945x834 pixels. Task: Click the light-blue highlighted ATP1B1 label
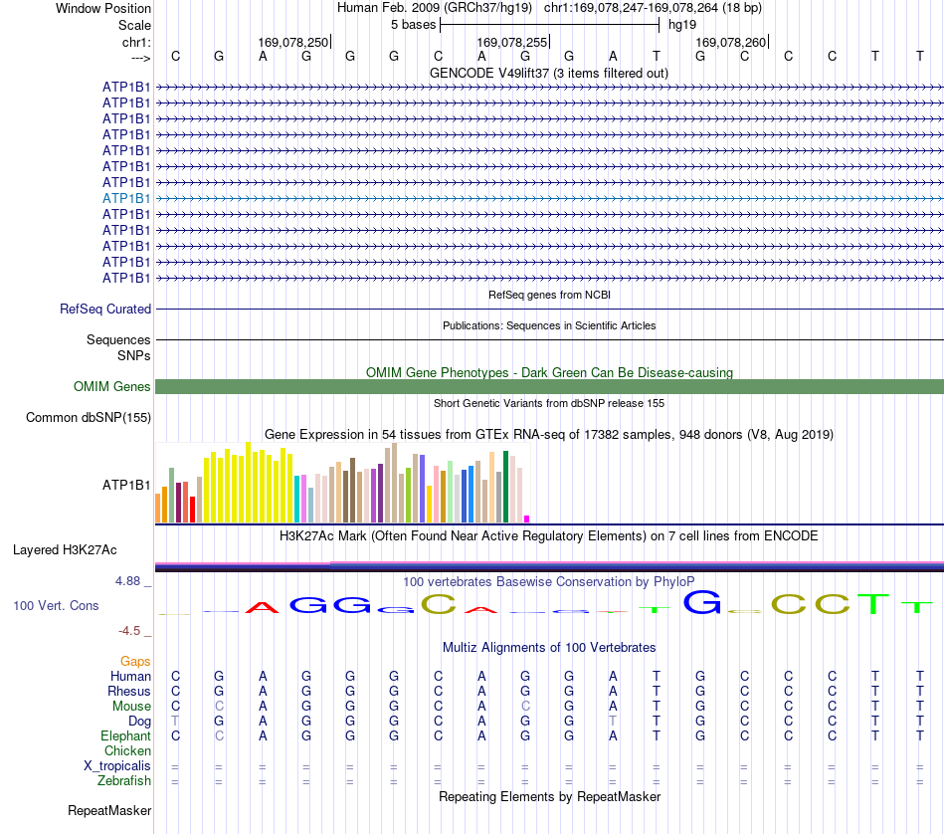point(126,198)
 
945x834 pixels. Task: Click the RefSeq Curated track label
point(105,309)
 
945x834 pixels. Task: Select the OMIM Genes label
point(112,386)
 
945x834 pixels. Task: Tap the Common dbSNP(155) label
point(89,417)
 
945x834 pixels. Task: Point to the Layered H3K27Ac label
point(65,550)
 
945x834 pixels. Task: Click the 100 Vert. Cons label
point(56,605)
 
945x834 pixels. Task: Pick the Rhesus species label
point(129,691)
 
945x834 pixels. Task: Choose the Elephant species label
point(126,735)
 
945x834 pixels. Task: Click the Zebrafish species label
point(124,780)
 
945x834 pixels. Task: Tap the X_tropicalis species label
point(117,766)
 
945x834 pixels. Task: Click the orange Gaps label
point(135,662)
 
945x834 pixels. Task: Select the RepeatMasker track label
point(109,810)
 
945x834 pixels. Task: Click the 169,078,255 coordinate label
point(511,42)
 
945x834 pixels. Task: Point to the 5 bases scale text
point(414,25)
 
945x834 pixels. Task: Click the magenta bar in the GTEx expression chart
point(527,519)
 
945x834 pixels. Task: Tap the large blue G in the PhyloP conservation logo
point(702,602)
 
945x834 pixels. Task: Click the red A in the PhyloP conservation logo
point(263,607)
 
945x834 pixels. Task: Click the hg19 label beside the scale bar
point(682,25)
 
